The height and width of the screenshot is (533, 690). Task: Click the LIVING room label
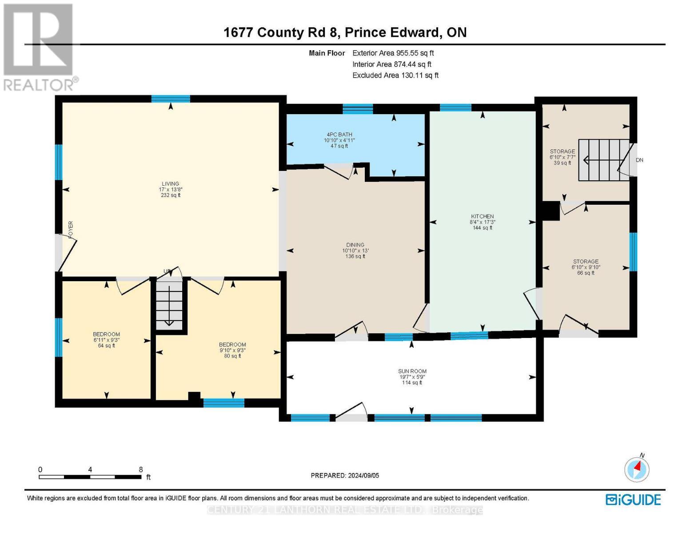[x=170, y=184]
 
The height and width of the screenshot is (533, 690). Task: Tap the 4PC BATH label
[x=339, y=135]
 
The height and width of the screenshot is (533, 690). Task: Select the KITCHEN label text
[x=482, y=217]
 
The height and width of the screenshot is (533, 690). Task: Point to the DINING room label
[x=355, y=245]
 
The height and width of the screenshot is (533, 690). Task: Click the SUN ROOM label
[x=412, y=371]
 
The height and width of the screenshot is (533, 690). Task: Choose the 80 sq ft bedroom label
[x=232, y=345]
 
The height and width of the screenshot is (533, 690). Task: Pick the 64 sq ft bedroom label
[x=106, y=334]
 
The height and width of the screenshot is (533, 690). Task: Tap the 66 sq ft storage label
[x=586, y=262]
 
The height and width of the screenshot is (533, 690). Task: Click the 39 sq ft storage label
[x=562, y=152]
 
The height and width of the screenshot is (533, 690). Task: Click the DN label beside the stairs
[x=639, y=160]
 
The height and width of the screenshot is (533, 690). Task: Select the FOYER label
[x=71, y=229]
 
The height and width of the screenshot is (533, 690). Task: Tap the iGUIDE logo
[x=633, y=500]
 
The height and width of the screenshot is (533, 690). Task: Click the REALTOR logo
[x=40, y=47]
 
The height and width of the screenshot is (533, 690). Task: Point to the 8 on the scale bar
[x=141, y=469]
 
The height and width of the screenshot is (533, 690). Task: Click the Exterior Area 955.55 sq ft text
[x=393, y=53]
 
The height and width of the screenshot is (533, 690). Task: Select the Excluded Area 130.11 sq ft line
[x=395, y=76]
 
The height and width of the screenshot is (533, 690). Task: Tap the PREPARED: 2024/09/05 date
[x=345, y=476]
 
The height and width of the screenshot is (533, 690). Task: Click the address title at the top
[x=345, y=32]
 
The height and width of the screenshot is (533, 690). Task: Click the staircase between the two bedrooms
[x=169, y=304]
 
